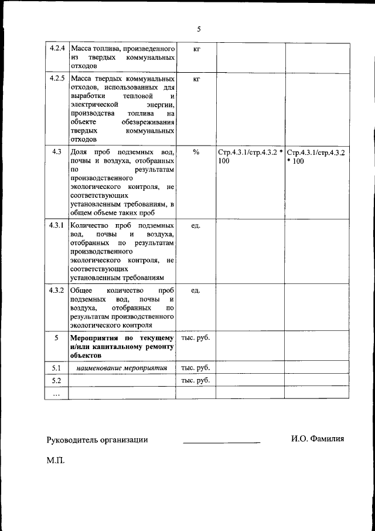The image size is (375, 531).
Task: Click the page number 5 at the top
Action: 199,29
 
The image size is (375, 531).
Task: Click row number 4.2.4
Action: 57,48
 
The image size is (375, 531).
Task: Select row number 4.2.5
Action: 57,78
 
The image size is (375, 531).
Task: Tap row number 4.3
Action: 57,152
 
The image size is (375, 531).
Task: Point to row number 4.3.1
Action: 57,225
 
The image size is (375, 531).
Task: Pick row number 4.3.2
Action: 57,290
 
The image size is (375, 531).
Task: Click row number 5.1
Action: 57,368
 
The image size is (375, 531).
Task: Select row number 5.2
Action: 57,380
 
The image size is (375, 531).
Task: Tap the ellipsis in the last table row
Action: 57,394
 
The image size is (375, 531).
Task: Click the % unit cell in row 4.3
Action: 196,152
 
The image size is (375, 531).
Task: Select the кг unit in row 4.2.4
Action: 196,48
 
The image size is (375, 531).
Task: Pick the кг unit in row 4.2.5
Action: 196,78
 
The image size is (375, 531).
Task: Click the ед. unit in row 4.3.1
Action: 196,225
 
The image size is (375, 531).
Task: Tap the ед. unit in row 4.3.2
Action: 196,290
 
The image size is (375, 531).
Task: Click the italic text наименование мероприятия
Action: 122,368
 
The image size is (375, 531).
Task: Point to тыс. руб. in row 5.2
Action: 196,380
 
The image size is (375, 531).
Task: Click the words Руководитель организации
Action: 97,439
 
